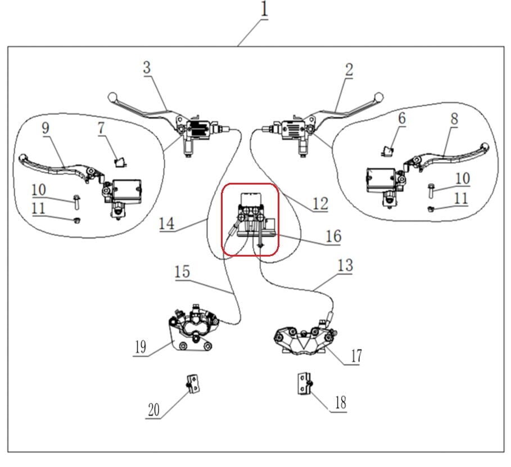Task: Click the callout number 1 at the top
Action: [x=263, y=10]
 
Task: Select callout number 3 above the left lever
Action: [x=147, y=68]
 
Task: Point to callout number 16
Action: [x=333, y=236]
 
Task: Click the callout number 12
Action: [x=319, y=203]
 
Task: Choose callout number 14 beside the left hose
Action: [x=166, y=223]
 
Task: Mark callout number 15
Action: [x=182, y=272]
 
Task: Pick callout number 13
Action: [x=345, y=266]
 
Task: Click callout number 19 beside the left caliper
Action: [x=140, y=347]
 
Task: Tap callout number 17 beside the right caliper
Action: [x=356, y=356]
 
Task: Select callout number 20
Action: [x=153, y=410]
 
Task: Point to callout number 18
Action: [x=340, y=403]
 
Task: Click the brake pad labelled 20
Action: [x=193, y=385]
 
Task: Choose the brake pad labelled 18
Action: [x=304, y=384]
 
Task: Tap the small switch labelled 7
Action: [x=119, y=163]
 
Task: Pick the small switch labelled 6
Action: [x=387, y=150]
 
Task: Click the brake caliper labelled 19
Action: [x=191, y=330]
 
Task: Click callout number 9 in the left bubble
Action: [x=46, y=128]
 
